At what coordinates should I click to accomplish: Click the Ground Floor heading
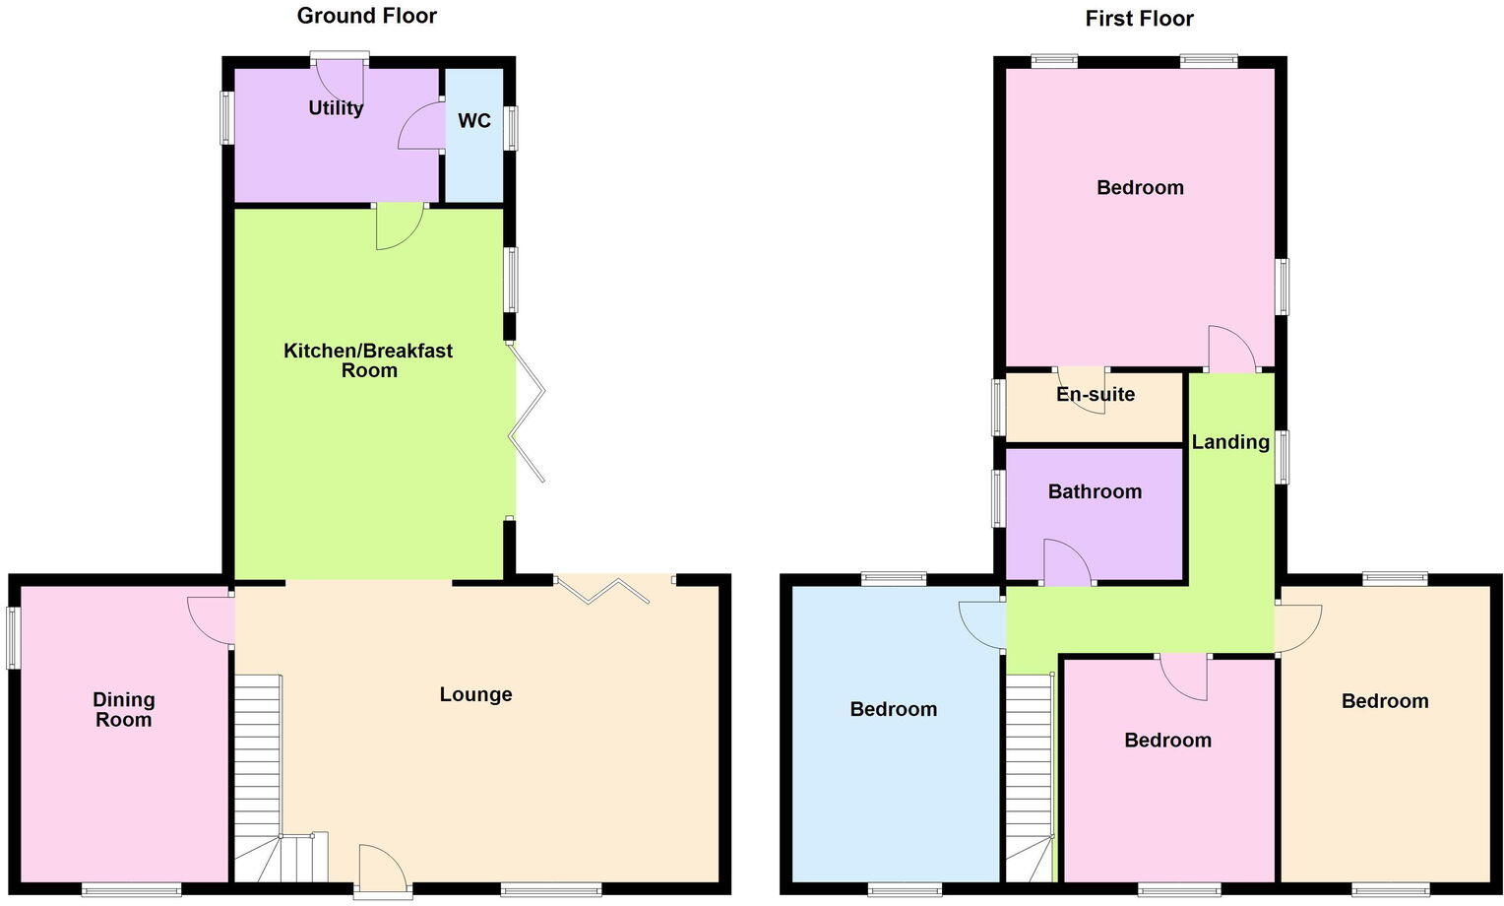[366, 16]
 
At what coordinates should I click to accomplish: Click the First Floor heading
[1139, 19]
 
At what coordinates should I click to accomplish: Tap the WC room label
[474, 121]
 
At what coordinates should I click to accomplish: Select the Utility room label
[336, 107]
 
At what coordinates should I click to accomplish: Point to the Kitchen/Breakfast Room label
[368, 360]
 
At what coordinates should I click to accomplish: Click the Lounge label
[475, 694]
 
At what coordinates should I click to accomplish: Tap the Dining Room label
[124, 709]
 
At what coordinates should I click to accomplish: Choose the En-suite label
[1096, 394]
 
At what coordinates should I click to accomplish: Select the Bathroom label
[1095, 491]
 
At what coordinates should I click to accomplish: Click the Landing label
[1230, 442]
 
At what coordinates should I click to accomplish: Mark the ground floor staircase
[260, 778]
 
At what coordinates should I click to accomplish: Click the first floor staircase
[1030, 778]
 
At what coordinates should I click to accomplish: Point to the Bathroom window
[998, 498]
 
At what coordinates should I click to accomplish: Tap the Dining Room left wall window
[13, 638]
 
